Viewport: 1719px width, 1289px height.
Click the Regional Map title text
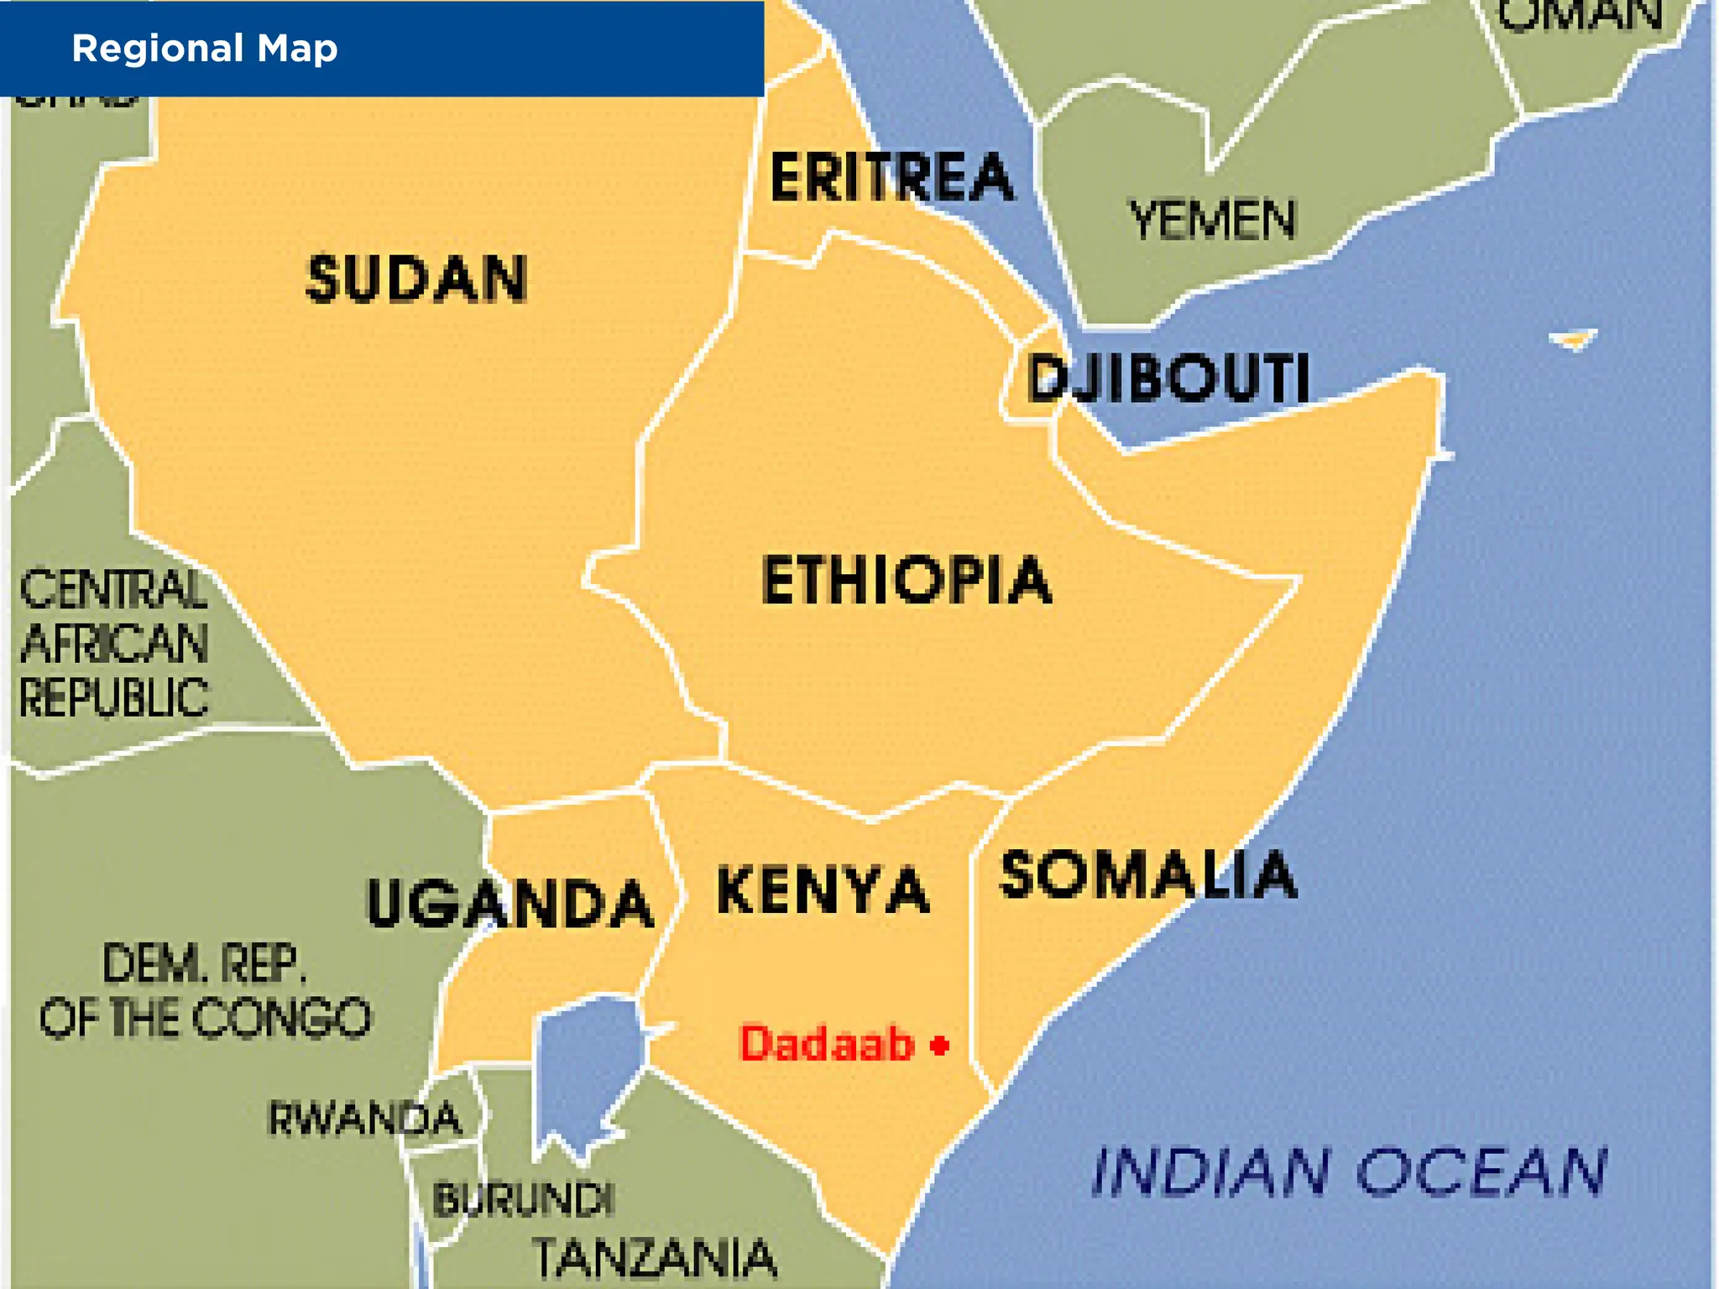click(205, 49)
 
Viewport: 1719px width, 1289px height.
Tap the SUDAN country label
click(417, 279)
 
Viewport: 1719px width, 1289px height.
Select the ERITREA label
click(891, 177)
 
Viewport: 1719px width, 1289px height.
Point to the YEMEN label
click(1212, 220)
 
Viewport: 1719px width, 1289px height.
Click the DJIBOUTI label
click(1168, 378)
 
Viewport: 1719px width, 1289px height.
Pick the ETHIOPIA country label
click(906, 580)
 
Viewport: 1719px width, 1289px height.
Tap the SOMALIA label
click(1147, 875)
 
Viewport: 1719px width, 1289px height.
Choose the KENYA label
click(823, 890)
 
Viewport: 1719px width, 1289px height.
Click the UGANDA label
click(510, 904)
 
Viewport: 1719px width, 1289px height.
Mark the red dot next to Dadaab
click(940, 1045)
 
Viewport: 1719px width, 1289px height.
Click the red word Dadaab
click(826, 1044)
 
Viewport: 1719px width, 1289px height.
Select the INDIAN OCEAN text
click(1349, 1172)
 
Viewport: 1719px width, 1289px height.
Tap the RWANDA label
click(364, 1118)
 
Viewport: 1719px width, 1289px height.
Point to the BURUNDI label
click(523, 1199)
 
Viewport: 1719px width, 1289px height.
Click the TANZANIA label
click(655, 1257)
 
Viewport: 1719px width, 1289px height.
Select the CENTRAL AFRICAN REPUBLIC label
click(114, 644)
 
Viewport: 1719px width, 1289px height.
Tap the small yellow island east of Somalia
click(1574, 340)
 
